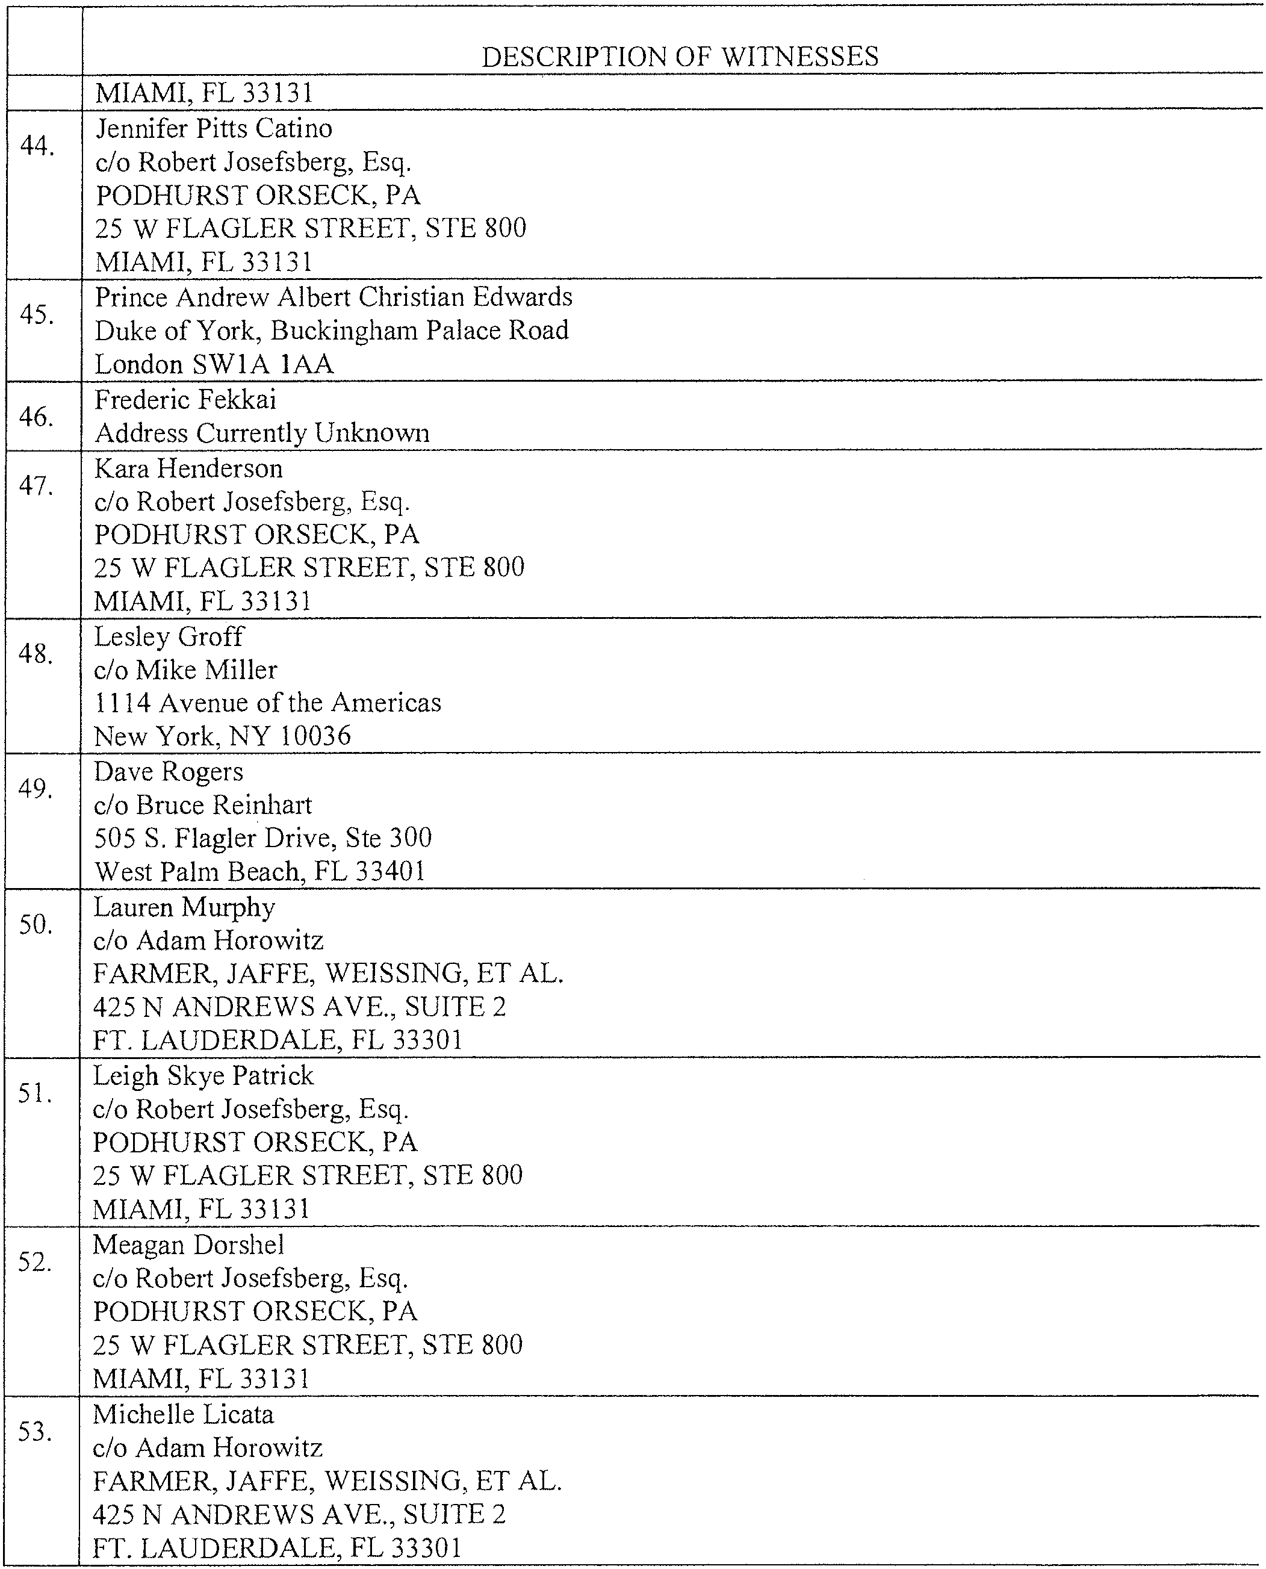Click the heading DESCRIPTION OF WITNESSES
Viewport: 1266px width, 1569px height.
(680, 57)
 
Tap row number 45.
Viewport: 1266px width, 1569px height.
(37, 315)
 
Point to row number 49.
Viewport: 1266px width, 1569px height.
(36, 789)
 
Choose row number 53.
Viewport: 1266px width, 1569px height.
(35, 1432)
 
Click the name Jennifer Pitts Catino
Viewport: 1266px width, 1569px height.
(214, 129)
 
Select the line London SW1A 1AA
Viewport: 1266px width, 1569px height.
(214, 365)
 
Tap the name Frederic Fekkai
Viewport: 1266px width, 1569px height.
(185, 400)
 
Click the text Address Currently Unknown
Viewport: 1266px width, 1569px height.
(262, 433)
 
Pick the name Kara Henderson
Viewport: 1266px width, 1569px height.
(188, 468)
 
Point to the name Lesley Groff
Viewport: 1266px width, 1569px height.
(169, 637)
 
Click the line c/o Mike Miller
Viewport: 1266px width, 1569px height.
(185, 670)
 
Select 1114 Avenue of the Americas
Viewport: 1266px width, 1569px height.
(268, 703)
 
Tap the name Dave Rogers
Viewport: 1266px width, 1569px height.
(169, 772)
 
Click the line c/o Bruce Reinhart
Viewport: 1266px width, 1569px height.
(203, 804)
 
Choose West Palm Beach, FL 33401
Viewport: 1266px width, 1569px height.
(259, 871)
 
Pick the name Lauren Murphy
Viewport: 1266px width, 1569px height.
(184, 907)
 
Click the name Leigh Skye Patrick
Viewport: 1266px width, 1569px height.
(203, 1076)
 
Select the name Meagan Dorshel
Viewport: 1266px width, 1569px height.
(188, 1244)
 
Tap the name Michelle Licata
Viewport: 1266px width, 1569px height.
(183, 1414)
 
